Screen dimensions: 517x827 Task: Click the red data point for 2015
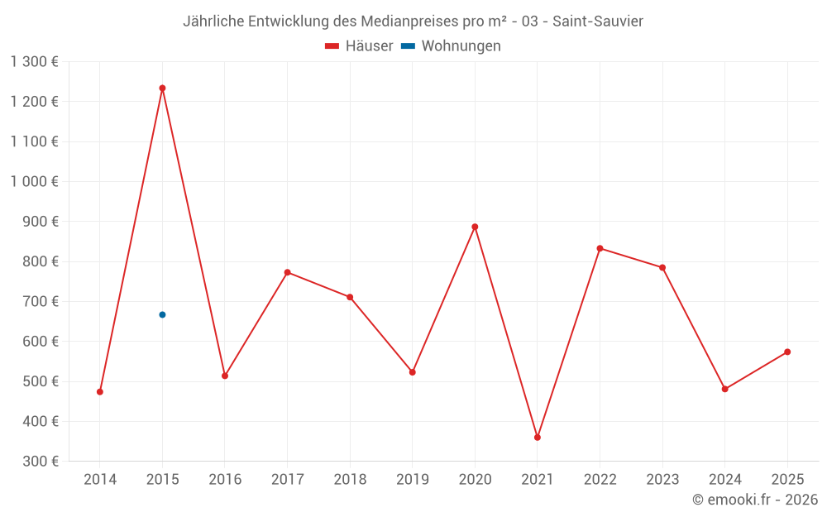(x=162, y=88)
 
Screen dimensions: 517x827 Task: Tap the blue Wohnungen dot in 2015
(x=162, y=314)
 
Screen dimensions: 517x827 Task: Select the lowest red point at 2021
(x=538, y=437)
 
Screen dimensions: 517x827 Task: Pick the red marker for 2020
(x=475, y=227)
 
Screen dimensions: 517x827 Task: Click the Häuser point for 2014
(x=100, y=391)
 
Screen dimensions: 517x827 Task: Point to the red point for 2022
(x=600, y=248)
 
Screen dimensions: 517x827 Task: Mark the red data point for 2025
(x=787, y=352)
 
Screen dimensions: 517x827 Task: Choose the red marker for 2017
(x=287, y=272)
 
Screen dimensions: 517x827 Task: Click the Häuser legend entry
(x=359, y=46)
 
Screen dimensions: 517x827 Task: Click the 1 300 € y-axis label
(x=35, y=61)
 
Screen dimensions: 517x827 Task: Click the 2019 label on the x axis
(x=412, y=480)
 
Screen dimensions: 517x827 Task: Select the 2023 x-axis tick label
(x=662, y=480)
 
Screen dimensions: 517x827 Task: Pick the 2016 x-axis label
(x=225, y=480)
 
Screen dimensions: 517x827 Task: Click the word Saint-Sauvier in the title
(x=597, y=22)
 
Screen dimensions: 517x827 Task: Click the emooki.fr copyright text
(x=754, y=500)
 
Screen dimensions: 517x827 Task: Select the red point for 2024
(x=725, y=389)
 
